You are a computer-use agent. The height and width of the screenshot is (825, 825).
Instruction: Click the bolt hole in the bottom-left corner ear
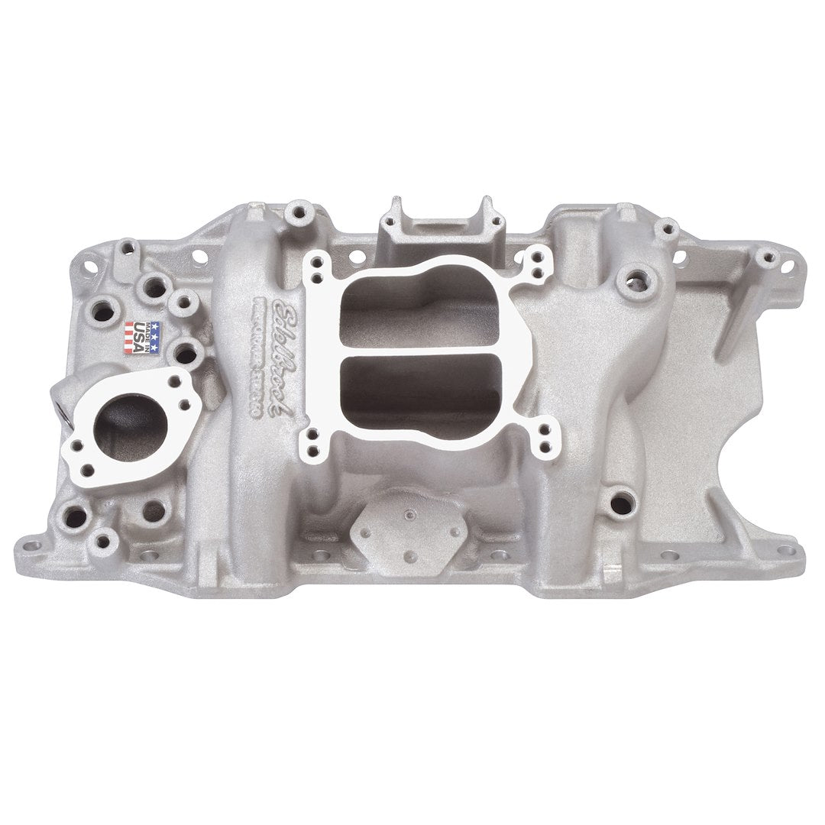[35, 546]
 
